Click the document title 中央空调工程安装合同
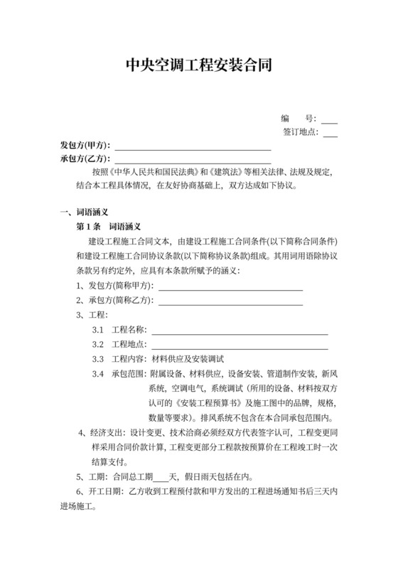(x=198, y=66)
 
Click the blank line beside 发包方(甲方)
(x=193, y=149)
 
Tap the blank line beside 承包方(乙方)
(x=193, y=161)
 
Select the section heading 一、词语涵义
(x=83, y=212)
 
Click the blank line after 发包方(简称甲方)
(x=230, y=287)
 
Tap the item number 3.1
(x=98, y=331)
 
